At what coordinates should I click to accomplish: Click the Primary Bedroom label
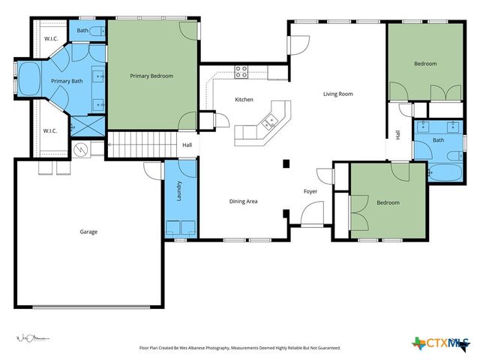pyautogui.click(x=151, y=76)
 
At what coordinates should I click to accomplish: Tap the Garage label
pyautogui.click(x=88, y=232)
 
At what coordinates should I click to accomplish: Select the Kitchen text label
pyautogui.click(x=244, y=100)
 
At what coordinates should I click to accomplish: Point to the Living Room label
pyautogui.click(x=337, y=94)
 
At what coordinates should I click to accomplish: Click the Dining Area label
pyautogui.click(x=244, y=201)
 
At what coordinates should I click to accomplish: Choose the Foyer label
pyautogui.click(x=310, y=191)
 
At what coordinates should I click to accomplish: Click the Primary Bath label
pyautogui.click(x=66, y=81)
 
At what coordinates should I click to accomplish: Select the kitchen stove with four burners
pyautogui.click(x=241, y=72)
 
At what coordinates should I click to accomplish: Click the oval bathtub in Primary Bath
pyautogui.click(x=30, y=79)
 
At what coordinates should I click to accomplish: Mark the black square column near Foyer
pyautogui.click(x=286, y=163)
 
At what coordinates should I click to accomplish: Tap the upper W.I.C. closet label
pyautogui.click(x=51, y=39)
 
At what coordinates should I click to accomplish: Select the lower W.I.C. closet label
pyautogui.click(x=50, y=130)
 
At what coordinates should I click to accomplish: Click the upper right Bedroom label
pyautogui.click(x=425, y=64)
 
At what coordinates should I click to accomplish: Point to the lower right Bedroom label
pyautogui.click(x=388, y=202)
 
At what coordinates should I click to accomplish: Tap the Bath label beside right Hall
pyautogui.click(x=438, y=140)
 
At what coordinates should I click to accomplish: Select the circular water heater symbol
pyautogui.click(x=82, y=150)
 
